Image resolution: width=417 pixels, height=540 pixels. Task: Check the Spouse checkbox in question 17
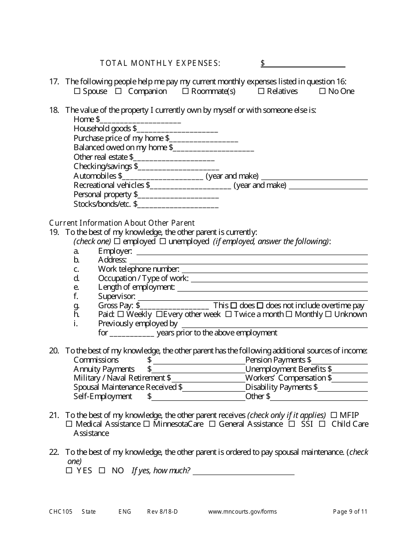[77, 91]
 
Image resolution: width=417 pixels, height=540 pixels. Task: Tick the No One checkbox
[322, 91]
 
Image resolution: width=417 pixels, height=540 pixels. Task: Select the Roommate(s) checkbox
[185, 91]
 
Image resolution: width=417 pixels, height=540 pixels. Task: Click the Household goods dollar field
[177, 129]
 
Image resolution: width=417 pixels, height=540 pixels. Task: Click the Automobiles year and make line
[314, 176]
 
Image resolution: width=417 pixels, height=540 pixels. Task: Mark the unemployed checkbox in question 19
[162, 241]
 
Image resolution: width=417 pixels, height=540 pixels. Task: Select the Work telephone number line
[274, 270]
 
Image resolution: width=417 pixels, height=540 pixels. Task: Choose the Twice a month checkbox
[228, 314]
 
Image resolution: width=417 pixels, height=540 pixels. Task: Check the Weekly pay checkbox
[129, 314]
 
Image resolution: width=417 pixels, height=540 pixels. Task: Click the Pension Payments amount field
[340, 360]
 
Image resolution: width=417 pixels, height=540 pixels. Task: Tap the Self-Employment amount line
[198, 397]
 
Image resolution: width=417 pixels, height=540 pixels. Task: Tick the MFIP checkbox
[334, 415]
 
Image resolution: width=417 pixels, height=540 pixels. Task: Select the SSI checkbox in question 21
[292, 424]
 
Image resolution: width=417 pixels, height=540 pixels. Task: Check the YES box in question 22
[69, 471]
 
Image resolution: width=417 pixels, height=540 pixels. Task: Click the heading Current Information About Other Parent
[122, 223]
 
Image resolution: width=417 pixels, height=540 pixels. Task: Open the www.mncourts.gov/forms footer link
[242, 511]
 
